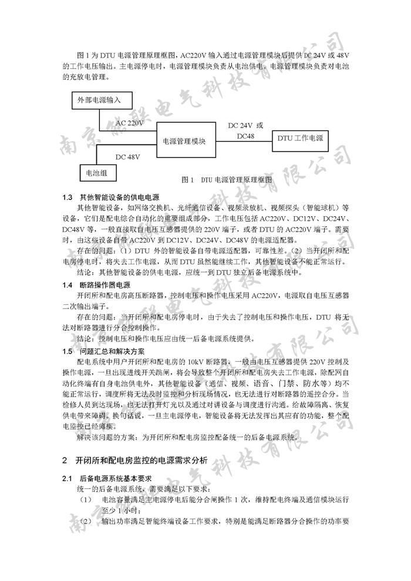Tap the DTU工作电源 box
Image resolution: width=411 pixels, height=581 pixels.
[300, 139]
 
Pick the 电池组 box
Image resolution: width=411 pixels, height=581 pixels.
[97, 173]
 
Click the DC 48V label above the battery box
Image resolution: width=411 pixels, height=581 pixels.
[128, 157]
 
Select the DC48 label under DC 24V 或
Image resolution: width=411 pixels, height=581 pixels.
[245, 136]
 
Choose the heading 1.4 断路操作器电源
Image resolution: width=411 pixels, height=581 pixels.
[105, 285]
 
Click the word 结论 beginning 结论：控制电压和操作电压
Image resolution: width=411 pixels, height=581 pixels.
[85, 339]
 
